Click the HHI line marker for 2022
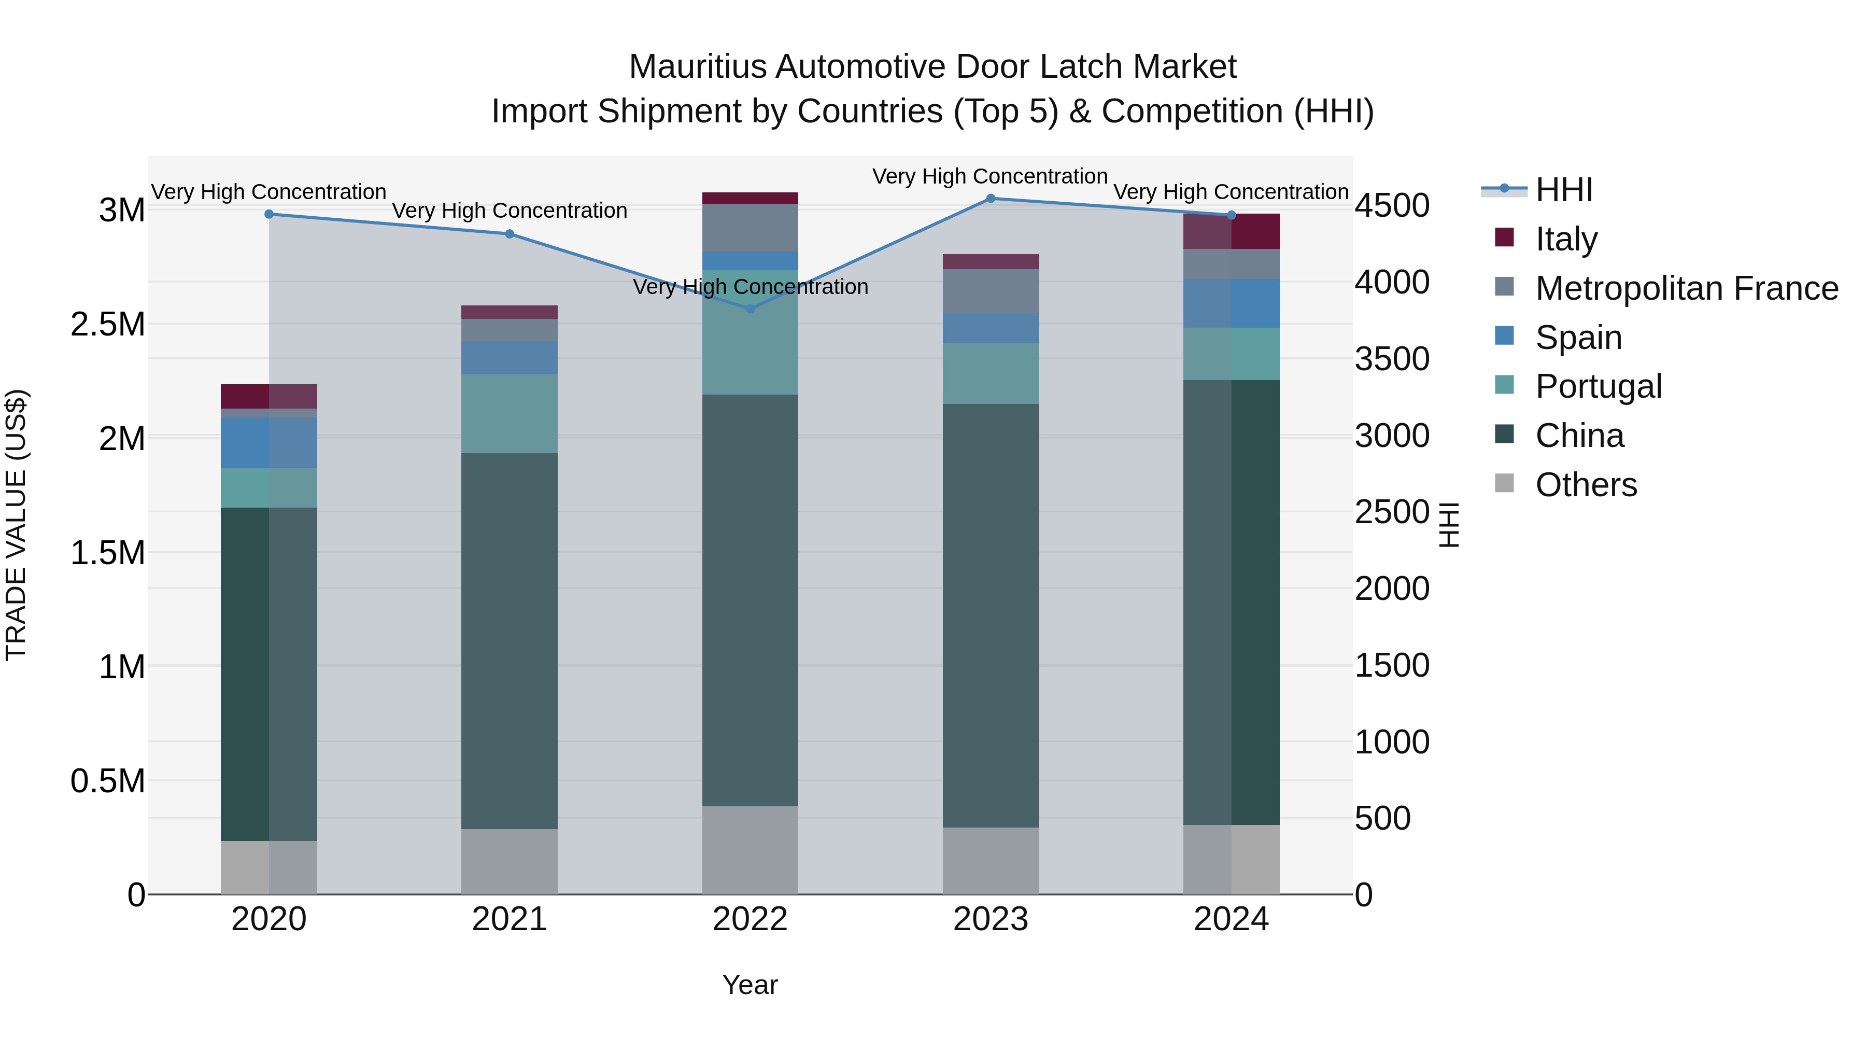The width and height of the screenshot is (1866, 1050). click(x=750, y=309)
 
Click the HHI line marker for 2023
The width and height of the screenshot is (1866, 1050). click(x=990, y=199)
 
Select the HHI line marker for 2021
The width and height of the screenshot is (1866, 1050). click(x=509, y=234)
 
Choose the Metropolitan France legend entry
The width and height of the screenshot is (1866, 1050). click(x=1686, y=288)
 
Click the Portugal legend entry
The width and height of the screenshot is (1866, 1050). click(x=1598, y=386)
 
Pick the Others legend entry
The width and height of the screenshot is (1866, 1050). click(x=1585, y=485)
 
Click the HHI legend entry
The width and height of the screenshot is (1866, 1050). click(x=1563, y=190)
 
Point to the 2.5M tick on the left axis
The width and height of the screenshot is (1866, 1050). click(x=108, y=325)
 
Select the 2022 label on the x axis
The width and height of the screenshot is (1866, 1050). click(x=750, y=919)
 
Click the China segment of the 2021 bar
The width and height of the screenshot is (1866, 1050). click(x=509, y=641)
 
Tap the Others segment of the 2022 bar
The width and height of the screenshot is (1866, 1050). click(x=750, y=850)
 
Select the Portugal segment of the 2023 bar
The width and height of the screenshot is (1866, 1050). click(x=990, y=373)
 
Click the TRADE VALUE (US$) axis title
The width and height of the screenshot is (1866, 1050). click(x=16, y=525)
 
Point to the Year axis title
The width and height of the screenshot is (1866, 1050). click(x=750, y=985)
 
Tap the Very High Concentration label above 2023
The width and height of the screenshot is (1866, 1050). click(x=989, y=176)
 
